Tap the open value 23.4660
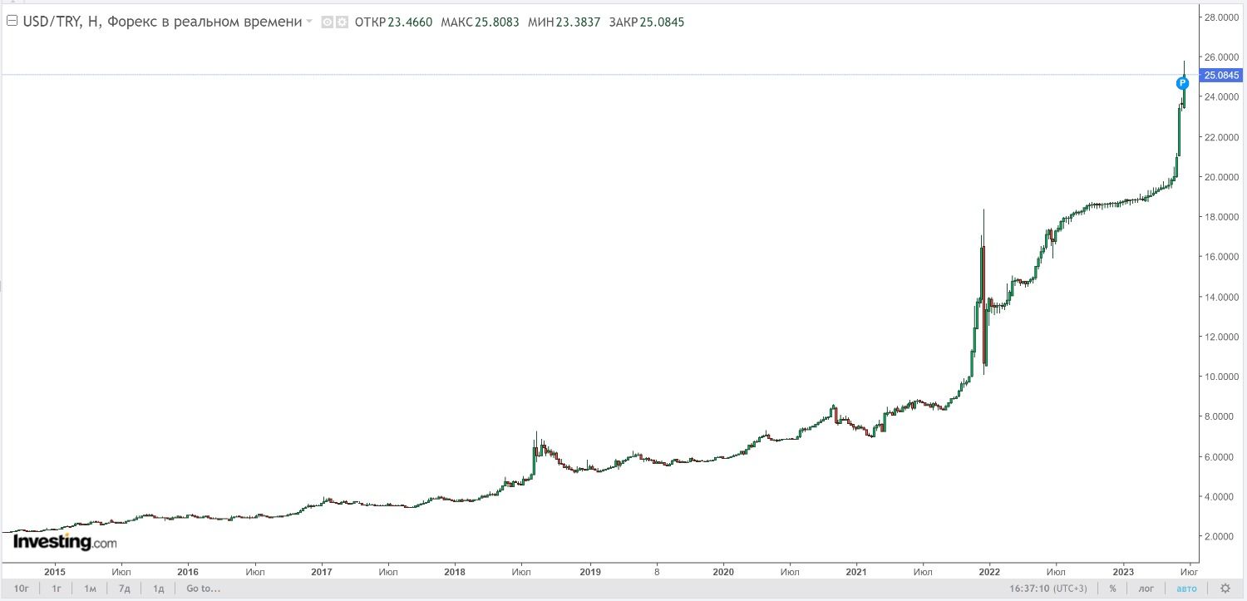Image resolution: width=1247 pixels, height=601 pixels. click(x=410, y=22)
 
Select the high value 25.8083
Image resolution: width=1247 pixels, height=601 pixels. click(x=497, y=22)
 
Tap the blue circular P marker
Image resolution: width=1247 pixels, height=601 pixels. click(x=1183, y=83)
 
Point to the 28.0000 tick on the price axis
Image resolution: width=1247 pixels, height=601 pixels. click(x=1222, y=17)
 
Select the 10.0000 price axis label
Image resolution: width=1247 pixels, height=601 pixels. click(x=1222, y=377)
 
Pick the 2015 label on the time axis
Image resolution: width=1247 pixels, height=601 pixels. click(x=55, y=572)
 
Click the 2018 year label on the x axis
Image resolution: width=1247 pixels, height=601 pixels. click(x=455, y=572)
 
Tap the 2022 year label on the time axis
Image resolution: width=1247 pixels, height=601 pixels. click(x=989, y=572)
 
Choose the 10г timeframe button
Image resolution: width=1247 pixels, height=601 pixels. click(x=22, y=589)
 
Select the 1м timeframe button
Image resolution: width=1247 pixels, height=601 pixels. click(x=90, y=589)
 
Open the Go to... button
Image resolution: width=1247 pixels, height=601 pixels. click(x=203, y=589)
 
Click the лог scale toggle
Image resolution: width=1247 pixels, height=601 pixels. click(x=1146, y=589)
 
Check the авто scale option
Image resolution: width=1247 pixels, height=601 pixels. click(x=1186, y=589)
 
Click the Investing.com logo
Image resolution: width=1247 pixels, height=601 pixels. click(x=65, y=542)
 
